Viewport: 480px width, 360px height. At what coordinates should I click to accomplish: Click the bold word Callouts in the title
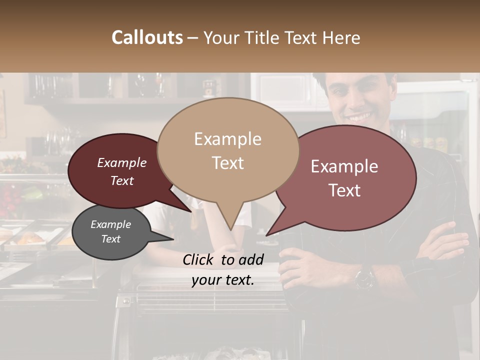[x=147, y=37]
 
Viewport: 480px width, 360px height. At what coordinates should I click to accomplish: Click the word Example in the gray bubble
[x=110, y=224]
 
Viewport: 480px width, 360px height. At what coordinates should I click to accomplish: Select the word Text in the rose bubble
[x=344, y=190]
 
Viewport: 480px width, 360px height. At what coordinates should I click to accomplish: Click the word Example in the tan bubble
[x=227, y=139]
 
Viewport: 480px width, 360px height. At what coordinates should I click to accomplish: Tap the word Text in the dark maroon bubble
[x=121, y=181]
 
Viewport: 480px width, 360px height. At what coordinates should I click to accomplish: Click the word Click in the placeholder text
[x=198, y=259]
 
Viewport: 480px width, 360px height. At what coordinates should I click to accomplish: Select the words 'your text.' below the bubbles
[x=222, y=280]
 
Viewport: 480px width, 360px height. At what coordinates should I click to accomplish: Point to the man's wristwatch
[x=364, y=277]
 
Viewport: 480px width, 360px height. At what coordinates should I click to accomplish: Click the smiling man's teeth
[x=359, y=118]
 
